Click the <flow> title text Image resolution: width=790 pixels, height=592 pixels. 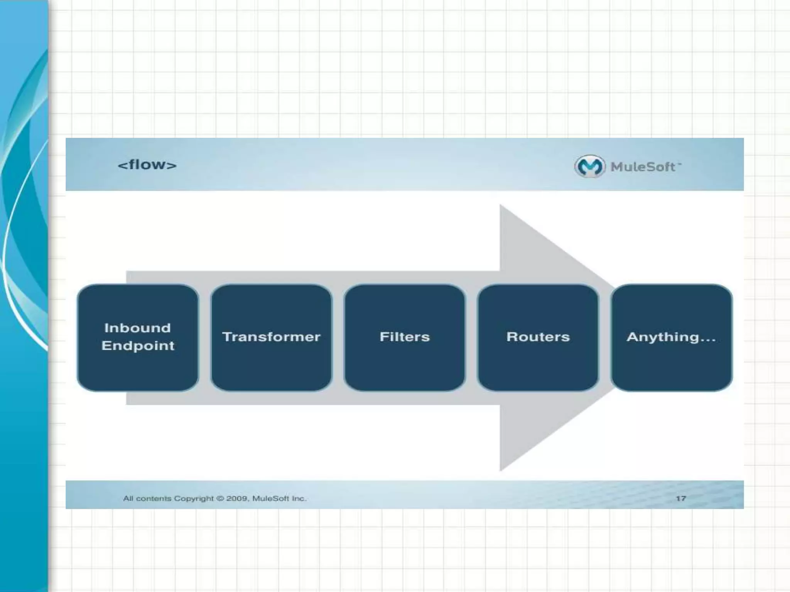click(147, 165)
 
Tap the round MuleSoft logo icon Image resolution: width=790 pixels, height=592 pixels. click(589, 166)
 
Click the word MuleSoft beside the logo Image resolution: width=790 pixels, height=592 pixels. click(643, 167)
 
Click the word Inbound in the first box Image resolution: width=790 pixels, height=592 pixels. click(138, 328)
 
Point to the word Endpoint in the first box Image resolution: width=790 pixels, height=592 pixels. click(138, 346)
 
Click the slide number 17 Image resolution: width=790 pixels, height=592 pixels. click(681, 498)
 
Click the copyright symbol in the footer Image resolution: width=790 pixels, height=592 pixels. click(220, 498)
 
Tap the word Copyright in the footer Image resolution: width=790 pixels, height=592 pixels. click(194, 498)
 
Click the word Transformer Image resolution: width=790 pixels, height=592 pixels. click(271, 337)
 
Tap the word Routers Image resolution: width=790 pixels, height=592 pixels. click(538, 337)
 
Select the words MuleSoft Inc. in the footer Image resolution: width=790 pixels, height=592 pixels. click(279, 498)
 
